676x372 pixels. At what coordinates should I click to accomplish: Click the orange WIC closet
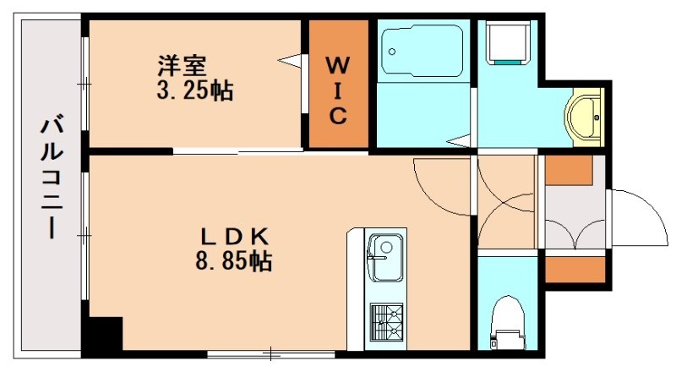click(337, 85)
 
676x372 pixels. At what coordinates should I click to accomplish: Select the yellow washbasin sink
click(586, 115)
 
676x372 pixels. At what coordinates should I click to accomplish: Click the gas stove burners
click(386, 322)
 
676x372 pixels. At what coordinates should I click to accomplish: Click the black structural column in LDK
click(105, 333)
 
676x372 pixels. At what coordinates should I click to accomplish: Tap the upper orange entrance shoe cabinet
click(568, 170)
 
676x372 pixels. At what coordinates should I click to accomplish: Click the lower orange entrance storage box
click(575, 269)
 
